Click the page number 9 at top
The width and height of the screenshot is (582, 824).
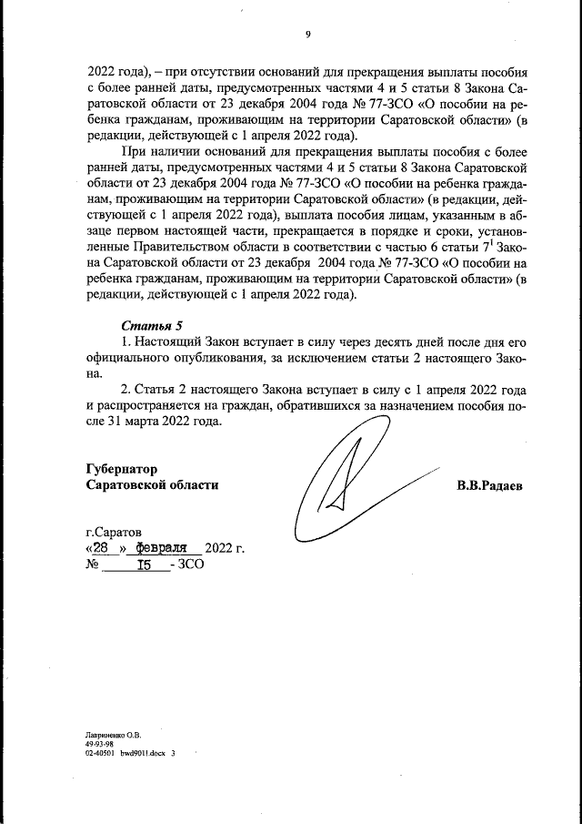point(308,35)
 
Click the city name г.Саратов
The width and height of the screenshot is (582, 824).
point(115,531)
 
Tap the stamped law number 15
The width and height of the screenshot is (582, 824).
point(143,565)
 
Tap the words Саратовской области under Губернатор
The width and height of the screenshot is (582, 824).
point(152,485)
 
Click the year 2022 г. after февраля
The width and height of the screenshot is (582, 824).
point(226,548)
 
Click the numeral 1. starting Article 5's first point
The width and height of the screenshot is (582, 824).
point(127,341)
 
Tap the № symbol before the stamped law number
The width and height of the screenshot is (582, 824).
point(92,565)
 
